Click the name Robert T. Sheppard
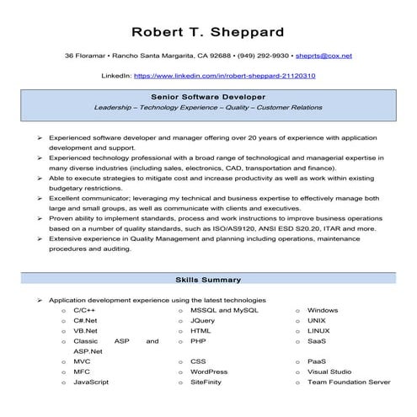coord(207,32)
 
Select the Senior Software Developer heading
coord(207,98)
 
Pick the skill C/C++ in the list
coord(84,310)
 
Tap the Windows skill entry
coord(323,310)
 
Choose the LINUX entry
coord(318,331)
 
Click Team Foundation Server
coord(349,382)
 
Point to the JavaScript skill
coord(91,382)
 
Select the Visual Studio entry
coord(329,372)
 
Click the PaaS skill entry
coord(317,361)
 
